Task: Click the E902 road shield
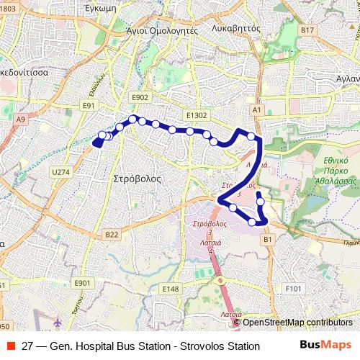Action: tap(140, 96)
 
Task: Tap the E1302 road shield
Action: tap(196, 114)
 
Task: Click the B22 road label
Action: tap(112, 234)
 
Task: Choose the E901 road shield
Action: tap(82, 283)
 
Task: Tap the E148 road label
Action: tap(171, 289)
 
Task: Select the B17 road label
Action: tap(308, 30)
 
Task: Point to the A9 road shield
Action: tap(20, 119)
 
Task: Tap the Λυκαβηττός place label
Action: tap(236, 30)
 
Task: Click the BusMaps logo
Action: tap(325, 346)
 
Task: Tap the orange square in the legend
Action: tap(9, 346)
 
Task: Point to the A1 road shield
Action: tap(256, 109)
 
